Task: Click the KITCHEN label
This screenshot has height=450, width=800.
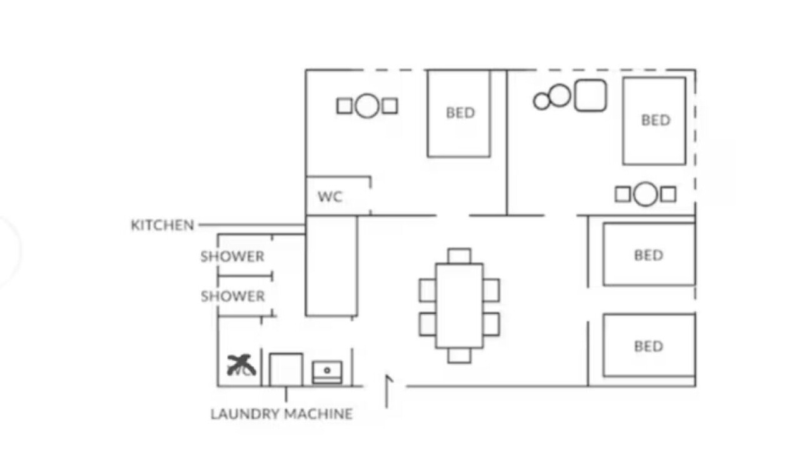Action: click(162, 225)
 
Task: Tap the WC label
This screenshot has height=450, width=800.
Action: click(330, 197)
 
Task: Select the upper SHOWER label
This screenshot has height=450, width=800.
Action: click(232, 256)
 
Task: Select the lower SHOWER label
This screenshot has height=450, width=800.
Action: click(232, 296)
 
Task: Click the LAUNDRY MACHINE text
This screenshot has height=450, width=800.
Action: click(281, 414)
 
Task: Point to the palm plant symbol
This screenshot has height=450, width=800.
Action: click(241, 365)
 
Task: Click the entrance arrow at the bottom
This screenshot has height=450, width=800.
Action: click(387, 391)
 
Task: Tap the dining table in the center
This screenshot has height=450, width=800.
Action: click(459, 306)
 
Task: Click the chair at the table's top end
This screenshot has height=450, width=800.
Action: click(459, 256)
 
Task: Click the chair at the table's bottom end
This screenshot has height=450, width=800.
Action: click(459, 356)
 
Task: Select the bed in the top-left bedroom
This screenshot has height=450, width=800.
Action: click(459, 113)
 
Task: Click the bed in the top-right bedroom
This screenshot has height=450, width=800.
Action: click(654, 121)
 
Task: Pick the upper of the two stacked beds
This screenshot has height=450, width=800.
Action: click(649, 254)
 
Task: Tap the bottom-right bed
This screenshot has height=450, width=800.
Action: click(649, 346)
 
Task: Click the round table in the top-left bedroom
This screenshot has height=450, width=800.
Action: click(367, 106)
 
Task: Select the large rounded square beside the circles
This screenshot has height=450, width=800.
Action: click(590, 96)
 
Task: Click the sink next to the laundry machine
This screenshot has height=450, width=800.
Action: click(327, 372)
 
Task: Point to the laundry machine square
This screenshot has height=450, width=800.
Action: click(286, 369)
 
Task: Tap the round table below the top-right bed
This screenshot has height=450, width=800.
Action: click(645, 194)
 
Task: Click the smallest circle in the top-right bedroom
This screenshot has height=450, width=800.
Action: click(542, 101)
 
